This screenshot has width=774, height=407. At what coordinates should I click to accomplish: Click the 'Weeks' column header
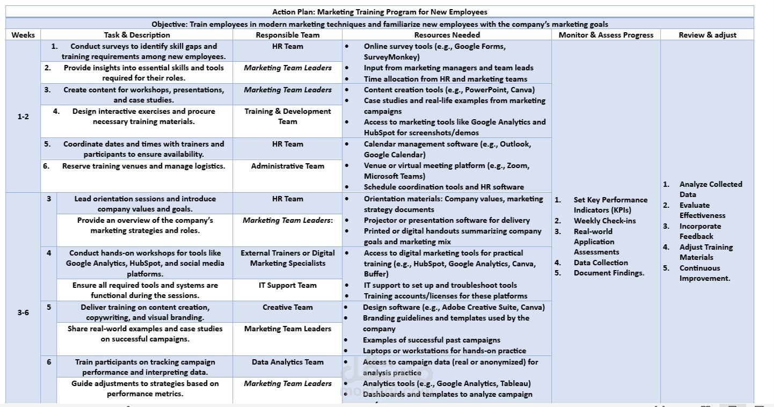click(x=23, y=35)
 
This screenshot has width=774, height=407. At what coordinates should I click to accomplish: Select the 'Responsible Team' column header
click(x=287, y=35)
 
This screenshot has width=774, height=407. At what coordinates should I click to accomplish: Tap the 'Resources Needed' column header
click(x=447, y=35)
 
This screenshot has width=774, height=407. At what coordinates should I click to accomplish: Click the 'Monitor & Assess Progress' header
click(x=606, y=35)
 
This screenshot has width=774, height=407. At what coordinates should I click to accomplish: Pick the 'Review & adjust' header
click(x=707, y=35)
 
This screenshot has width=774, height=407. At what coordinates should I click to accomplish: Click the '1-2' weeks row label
click(x=23, y=116)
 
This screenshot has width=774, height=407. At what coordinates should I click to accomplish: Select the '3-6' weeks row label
click(x=23, y=312)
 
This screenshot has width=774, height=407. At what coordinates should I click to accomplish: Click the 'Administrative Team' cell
click(x=287, y=166)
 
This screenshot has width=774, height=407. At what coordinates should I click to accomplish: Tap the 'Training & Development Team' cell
click(x=287, y=117)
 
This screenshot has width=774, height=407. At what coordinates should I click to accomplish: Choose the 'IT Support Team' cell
click(x=287, y=285)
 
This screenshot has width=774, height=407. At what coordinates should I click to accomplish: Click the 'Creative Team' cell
click(x=287, y=307)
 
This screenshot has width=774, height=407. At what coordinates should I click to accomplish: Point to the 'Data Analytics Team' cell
click(x=287, y=362)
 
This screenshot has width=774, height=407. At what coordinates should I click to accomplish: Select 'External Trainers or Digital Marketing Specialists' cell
click(x=287, y=258)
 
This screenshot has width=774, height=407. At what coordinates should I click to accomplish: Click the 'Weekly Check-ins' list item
click(x=604, y=221)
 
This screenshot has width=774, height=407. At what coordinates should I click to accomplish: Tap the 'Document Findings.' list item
click(x=609, y=273)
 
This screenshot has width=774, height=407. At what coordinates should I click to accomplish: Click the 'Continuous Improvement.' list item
click(x=705, y=273)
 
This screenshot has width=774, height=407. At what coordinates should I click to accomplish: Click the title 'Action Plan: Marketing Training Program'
click(x=379, y=12)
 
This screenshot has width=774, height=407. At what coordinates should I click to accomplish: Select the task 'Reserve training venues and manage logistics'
click(x=143, y=166)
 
